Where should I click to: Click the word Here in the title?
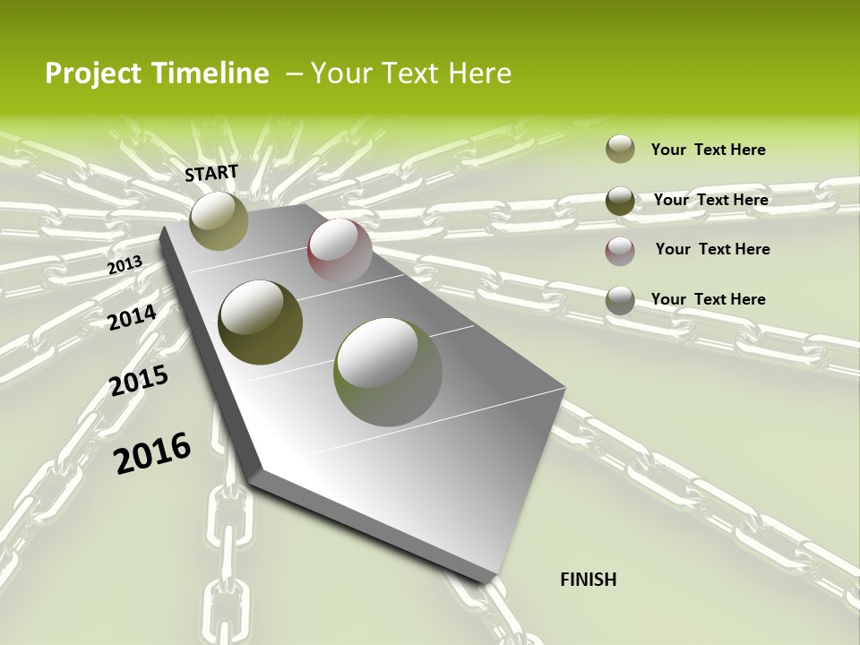[x=478, y=73]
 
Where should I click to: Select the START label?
[x=211, y=173]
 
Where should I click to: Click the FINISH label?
[x=588, y=580]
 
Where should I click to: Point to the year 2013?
[x=125, y=265]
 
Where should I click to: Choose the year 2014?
[x=132, y=317]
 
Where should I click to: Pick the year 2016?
[x=152, y=453]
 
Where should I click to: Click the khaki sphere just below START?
[x=219, y=220]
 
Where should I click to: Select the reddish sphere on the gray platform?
[x=340, y=252]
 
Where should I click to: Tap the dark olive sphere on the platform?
[x=261, y=322]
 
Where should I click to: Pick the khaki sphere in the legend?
[x=620, y=150]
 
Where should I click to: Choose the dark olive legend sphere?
[x=620, y=201]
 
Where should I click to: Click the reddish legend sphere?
[x=620, y=250]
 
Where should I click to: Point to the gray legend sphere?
[x=620, y=300]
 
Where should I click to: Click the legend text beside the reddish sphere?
[x=712, y=249]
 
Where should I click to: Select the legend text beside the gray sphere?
[x=708, y=299]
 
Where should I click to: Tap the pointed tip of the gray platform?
[x=491, y=580]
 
